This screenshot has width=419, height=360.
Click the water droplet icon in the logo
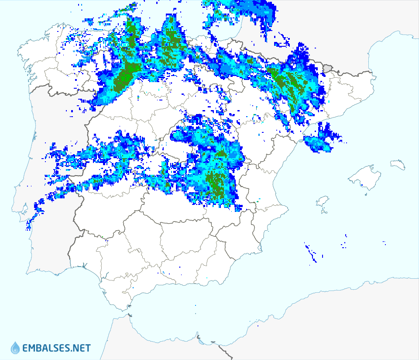coord(15,348)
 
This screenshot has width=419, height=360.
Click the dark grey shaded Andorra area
coord(328,68)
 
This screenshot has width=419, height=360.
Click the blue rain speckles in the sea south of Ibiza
coord(311,253)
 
